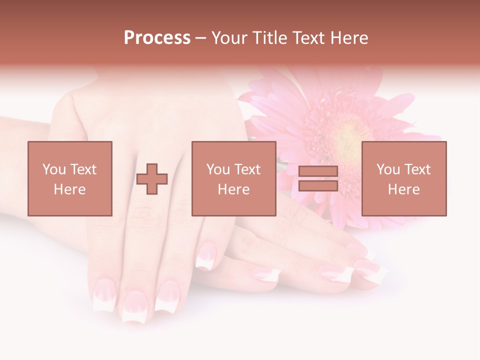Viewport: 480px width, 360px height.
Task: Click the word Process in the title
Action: (x=157, y=38)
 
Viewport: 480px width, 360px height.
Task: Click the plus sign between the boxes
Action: (x=152, y=178)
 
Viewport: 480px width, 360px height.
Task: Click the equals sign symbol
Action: (x=318, y=178)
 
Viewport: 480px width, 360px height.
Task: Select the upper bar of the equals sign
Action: (x=318, y=171)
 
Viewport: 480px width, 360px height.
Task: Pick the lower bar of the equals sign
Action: (x=318, y=185)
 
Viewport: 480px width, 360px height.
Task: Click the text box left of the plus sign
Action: (x=70, y=178)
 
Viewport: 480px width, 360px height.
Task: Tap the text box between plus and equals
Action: (x=234, y=178)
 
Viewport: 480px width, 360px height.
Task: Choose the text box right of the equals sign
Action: (x=404, y=178)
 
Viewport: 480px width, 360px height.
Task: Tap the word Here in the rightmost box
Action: (x=404, y=189)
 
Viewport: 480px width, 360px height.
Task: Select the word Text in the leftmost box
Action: (x=83, y=169)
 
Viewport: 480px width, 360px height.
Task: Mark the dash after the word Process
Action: (x=201, y=38)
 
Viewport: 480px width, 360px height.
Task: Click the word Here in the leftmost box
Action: (x=70, y=189)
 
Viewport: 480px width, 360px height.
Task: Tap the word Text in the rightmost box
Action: (x=417, y=169)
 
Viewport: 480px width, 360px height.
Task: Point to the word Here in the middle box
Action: (x=234, y=189)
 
